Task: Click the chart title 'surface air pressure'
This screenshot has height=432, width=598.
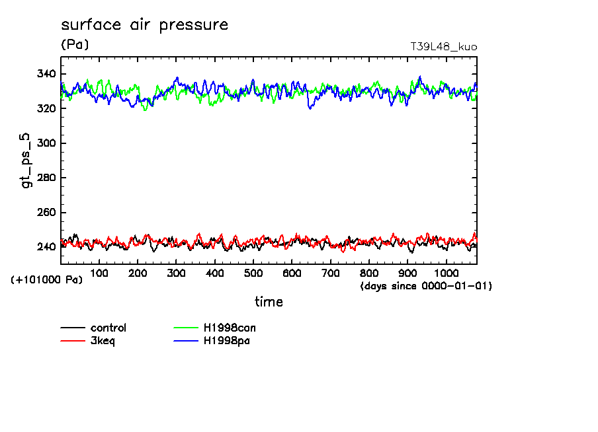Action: (x=144, y=25)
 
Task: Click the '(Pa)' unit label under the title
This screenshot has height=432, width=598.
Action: (x=74, y=45)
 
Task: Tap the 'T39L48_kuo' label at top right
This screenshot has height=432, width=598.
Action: (x=443, y=47)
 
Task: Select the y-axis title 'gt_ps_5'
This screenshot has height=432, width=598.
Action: (x=27, y=161)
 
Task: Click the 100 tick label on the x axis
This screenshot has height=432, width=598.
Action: (x=99, y=273)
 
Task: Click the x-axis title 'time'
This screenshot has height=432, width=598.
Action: (x=269, y=302)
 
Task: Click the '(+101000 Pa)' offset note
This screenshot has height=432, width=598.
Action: (x=46, y=280)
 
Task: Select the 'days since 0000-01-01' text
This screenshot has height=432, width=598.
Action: (x=425, y=286)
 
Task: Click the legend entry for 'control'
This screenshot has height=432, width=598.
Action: (x=108, y=328)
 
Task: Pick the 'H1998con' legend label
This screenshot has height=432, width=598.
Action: (x=229, y=328)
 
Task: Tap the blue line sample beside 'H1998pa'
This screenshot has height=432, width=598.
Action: (x=186, y=341)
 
